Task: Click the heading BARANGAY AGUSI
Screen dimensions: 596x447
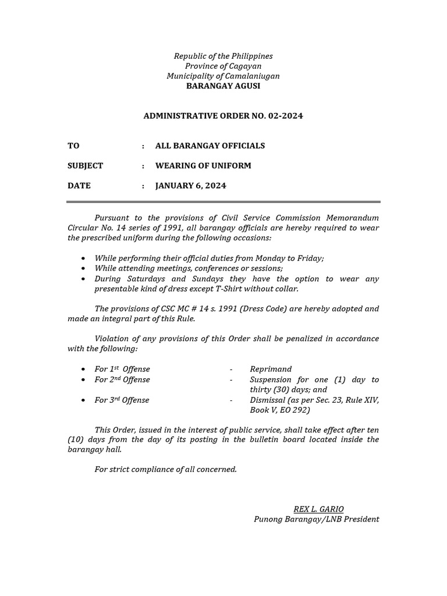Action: click(x=223, y=86)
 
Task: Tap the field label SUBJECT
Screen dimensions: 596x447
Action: click(x=85, y=166)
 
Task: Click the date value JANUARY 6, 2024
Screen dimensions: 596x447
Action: click(x=190, y=186)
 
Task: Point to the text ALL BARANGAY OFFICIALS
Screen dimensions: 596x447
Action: click(x=210, y=146)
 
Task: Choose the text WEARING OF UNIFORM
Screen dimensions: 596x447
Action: click(x=203, y=166)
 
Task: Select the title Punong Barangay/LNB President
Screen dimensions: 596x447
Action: click(x=316, y=519)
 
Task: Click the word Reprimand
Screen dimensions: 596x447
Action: click(x=271, y=369)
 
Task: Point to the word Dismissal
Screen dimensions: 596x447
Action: click(x=268, y=400)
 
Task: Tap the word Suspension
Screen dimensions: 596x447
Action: click(x=272, y=379)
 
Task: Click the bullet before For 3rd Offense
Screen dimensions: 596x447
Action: click(x=84, y=400)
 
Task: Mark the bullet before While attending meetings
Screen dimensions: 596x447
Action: click(x=84, y=268)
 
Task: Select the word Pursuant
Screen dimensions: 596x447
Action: click(x=112, y=218)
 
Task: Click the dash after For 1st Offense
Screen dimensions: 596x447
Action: click(x=232, y=369)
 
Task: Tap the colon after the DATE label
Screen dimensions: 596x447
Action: click(x=143, y=186)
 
